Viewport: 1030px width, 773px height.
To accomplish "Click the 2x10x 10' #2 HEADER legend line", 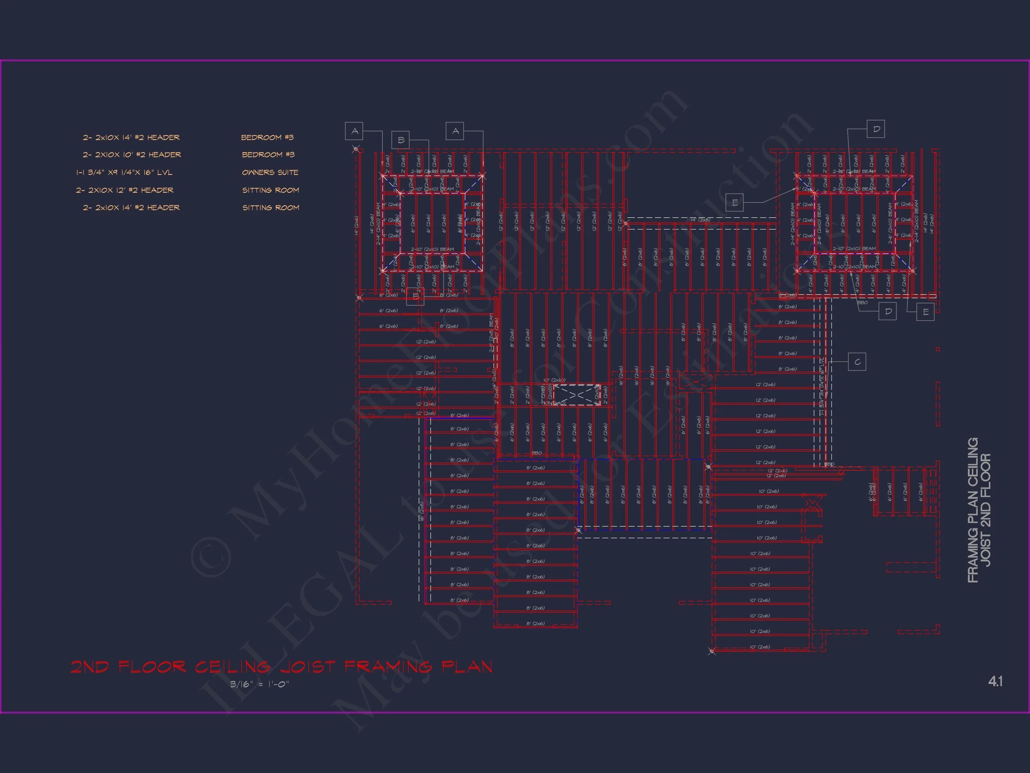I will (x=132, y=155).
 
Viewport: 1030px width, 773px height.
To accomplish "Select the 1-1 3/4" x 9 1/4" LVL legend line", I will (x=124, y=172).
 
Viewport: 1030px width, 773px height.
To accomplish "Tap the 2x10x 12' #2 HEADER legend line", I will (x=125, y=190).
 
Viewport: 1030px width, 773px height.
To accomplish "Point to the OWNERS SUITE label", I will (x=270, y=172).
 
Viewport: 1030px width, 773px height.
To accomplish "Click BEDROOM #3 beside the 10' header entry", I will (x=268, y=155).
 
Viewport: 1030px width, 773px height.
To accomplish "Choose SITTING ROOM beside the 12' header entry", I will (x=270, y=190).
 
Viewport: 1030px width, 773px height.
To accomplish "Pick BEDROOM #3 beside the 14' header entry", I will (x=267, y=137).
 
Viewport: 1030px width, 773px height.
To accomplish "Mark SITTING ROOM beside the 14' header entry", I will (x=270, y=208).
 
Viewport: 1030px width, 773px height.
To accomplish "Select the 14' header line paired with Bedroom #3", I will (x=131, y=137).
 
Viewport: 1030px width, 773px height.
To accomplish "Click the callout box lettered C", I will (x=857, y=361).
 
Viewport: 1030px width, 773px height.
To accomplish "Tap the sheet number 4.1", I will (x=995, y=682).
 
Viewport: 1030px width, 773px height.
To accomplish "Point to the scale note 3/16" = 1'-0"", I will (x=259, y=684).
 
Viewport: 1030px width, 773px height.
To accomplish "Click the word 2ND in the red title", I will (x=89, y=667).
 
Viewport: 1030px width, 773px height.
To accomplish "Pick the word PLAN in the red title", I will (x=467, y=667).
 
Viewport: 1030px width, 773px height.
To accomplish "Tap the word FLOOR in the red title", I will (x=152, y=667).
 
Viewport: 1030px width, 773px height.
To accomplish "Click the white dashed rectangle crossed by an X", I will (x=576, y=395).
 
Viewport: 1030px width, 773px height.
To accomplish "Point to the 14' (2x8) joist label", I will (x=700, y=220).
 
